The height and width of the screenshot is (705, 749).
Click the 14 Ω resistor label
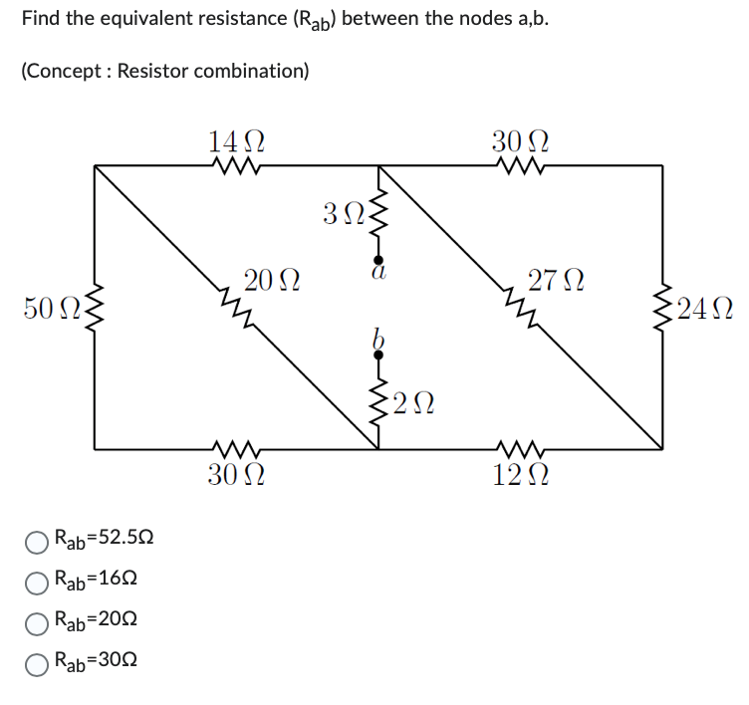pos(235,141)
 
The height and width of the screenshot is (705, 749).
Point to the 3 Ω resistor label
pos(342,212)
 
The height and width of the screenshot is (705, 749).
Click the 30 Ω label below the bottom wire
pos(235,475)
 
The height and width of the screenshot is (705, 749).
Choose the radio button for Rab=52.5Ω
pos(37,542)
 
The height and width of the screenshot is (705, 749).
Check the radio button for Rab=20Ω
pos(37,621)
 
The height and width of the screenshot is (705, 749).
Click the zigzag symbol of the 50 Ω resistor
pos(95,308)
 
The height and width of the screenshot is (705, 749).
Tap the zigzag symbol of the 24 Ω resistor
pos(661,308)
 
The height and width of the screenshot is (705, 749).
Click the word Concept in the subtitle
pos(66,72)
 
